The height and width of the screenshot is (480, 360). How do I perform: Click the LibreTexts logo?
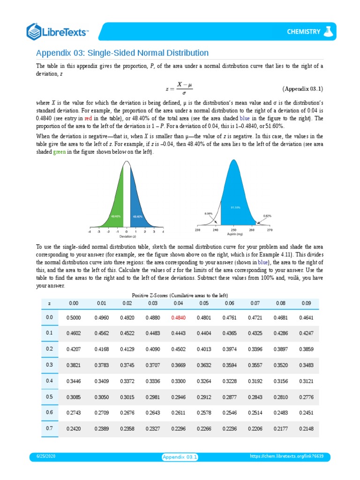coord(57,31)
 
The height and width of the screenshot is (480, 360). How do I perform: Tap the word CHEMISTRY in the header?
coord(303,32)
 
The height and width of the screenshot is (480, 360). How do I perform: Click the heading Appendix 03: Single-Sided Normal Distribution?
coord(122,52)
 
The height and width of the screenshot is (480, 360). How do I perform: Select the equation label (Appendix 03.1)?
coord(302,89)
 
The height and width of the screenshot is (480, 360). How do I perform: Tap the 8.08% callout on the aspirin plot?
coord(209,213)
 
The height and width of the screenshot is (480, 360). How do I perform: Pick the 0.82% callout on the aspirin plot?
coord(267,216)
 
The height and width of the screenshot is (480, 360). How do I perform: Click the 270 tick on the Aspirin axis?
coord(269,230)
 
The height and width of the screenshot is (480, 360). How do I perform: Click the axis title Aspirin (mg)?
coord(233,234)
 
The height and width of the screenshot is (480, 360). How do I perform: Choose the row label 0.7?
coord(50,428)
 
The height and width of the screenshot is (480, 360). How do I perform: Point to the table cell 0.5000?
coord(74,317)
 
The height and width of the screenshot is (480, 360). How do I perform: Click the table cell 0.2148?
coord(306,428)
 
